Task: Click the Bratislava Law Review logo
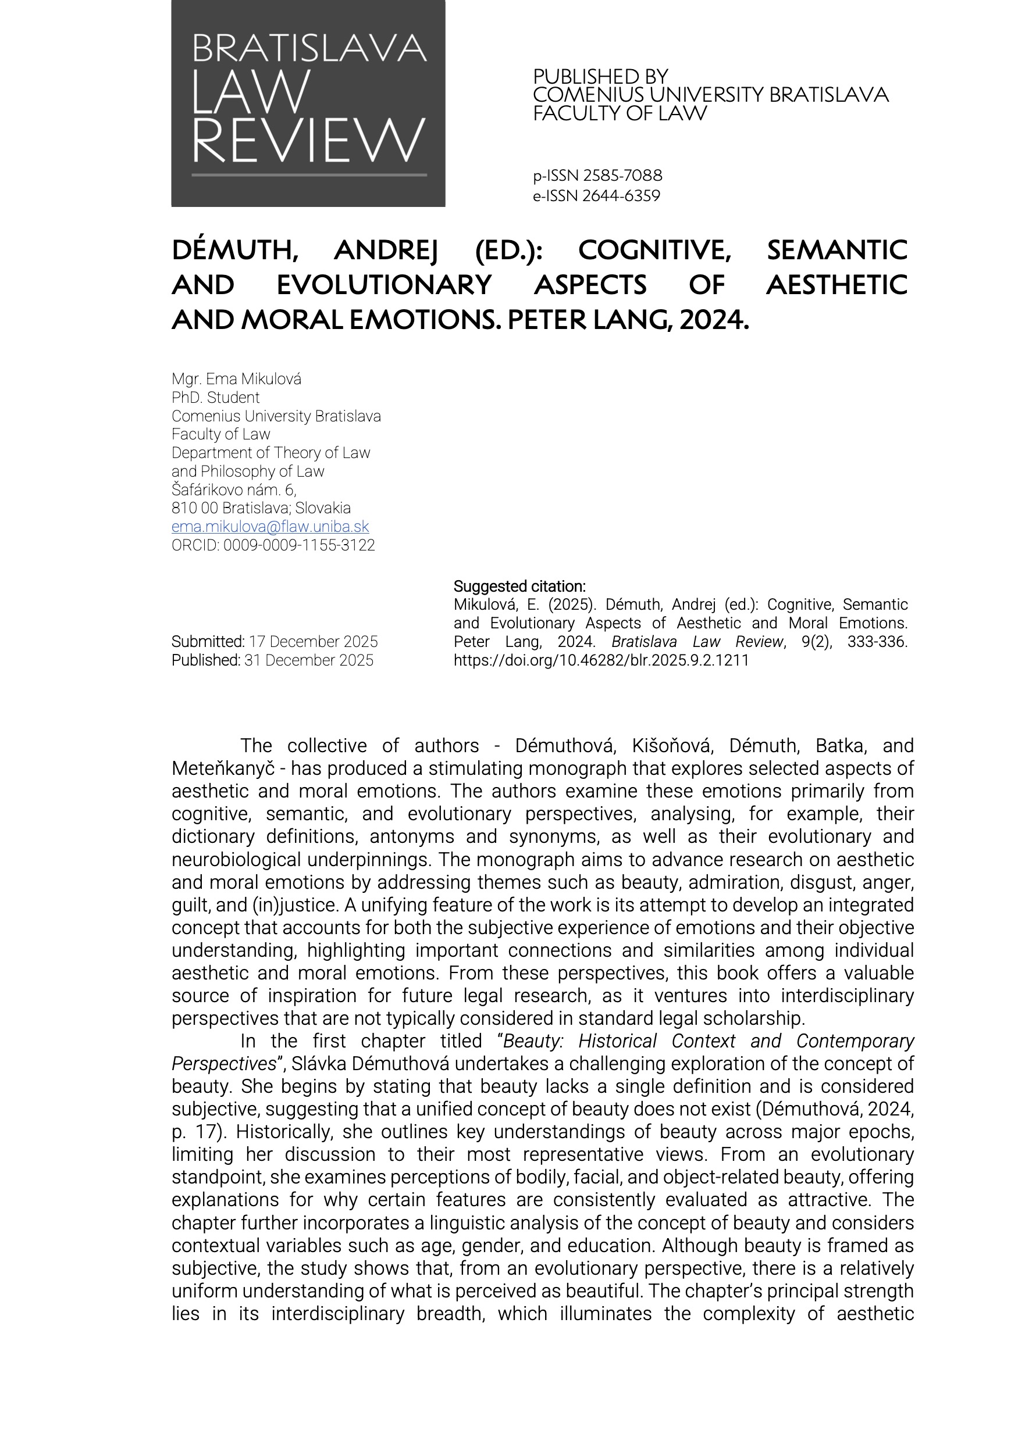tap(308, 103)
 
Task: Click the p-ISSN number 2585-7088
tap(622, 176)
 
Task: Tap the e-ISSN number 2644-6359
tap(621, 196)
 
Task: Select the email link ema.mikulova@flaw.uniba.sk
tap(270, 527)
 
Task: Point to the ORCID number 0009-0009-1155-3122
tap(299, 545)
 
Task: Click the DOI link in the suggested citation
tap(601, 660)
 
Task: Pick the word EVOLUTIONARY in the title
tap(384, 285)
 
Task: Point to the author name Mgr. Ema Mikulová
tap(236, 379)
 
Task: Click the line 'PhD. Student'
tap(215, 397)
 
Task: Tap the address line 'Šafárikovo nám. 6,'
tap(234, 489)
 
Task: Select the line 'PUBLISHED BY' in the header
tap(600, 77)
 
